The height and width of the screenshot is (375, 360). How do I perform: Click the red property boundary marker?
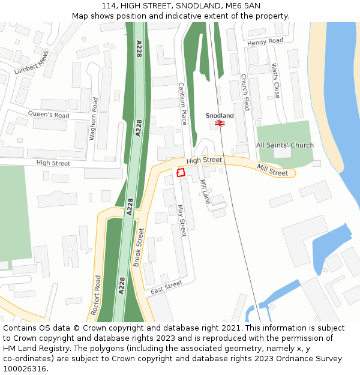(x=181, y=173)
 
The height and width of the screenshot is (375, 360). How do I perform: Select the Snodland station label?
(x=220, y=115)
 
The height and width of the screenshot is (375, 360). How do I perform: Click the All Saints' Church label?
(x=285, y=145)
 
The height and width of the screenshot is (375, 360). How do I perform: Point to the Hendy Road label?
(x=265, y=41)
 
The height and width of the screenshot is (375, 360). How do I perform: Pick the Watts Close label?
(x=275, y=81)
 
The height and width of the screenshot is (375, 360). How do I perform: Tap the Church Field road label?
(x=245, y=92)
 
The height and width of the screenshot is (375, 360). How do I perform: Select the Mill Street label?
(x=272, y=170)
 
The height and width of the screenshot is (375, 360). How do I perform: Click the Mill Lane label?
(x=205, y=191)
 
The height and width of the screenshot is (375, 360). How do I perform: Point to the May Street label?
(x=182, y=220)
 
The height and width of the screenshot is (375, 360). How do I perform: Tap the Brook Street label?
(x=139, y=247)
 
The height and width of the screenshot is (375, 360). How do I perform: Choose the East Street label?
(x=166, y=287)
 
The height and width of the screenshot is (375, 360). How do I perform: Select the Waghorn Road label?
(x=94, y=119)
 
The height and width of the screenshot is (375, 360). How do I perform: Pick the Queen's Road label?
(x=49, y=115)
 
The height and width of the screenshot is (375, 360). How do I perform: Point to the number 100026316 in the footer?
(x=24, y=368)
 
